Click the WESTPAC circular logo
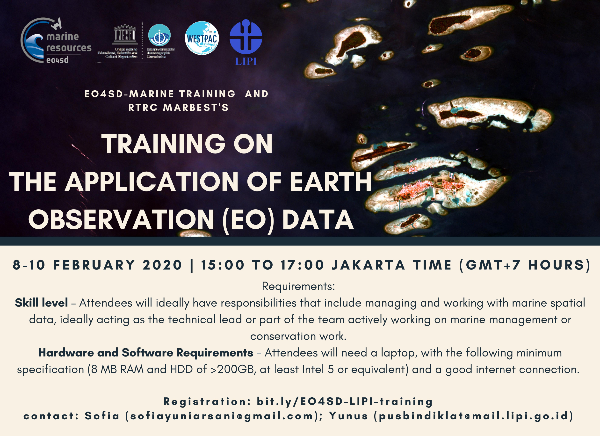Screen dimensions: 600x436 pyautogui.click(x=202, y=38)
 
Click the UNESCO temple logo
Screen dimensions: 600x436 pyautogui.click(x=125, y=35)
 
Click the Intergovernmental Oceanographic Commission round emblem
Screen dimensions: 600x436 pyautogui.click(x=159, y=35)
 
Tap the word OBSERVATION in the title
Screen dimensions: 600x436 pyautogui.click(x=121, y=220)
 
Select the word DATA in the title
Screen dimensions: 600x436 pyautogui.click(x=318, y=220)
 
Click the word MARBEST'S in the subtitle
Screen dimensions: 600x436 pyautogui.click(x=196, y=107)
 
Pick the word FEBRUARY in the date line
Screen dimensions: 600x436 pyautogui.click(x=94, y=265)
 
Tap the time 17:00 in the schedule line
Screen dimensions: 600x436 pyautogui.click(x=302, y=265)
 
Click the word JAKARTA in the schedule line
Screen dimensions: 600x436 pyautogui.click(x=369, y=265)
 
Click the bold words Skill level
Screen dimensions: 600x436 pyautogui.click(x=41, y=303)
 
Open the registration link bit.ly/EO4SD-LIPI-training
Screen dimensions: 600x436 pyautogui.click(x=345, y=402)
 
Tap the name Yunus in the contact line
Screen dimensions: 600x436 pyautogui.click(x=349, y=416)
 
